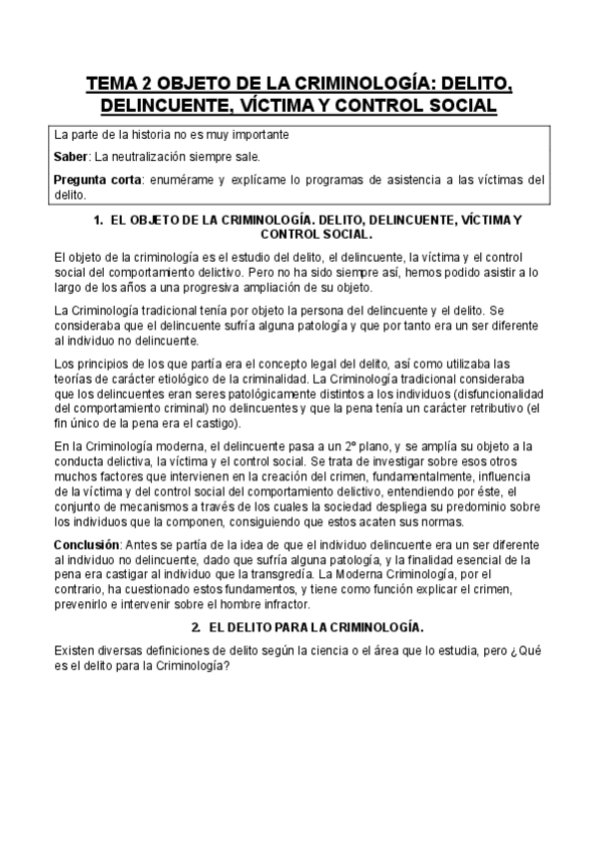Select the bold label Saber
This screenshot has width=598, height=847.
pyautogui.click(x=70, y=157)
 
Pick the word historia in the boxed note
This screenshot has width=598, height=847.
pyautogui.click(x=146, y=133)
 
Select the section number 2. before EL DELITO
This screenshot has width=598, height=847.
pyautogui.click(x=195, y=627)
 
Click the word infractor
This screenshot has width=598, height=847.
pyautogui.click(x=324, y=604)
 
